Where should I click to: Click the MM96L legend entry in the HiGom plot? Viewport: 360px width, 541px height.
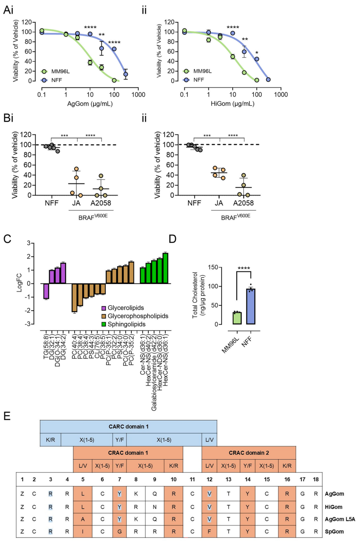click(x=201, y=71)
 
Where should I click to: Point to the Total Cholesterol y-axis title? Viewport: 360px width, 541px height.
click(x=198, y=296)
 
